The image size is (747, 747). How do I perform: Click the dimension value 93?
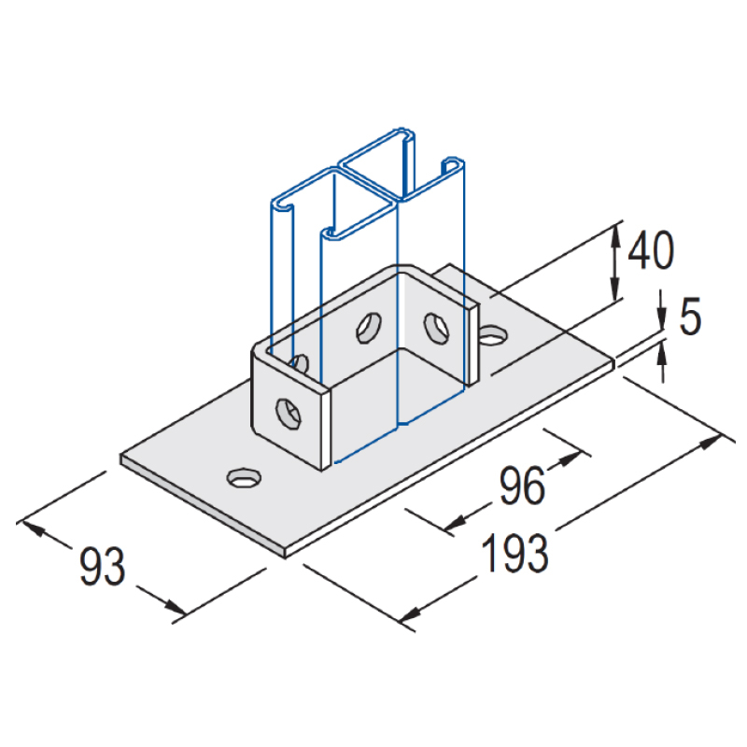(x=102, y=568)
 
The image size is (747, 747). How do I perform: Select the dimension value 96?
(x=521, y=486)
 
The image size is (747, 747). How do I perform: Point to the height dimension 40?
(x=651, y=250)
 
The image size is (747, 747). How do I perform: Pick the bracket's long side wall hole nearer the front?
(x=369, y=327)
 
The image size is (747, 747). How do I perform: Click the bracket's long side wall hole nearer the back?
(x=436, y=326)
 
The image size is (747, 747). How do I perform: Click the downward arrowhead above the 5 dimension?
(x=661, y=322)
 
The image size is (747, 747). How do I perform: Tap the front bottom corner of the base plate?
(x=283, y=557)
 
